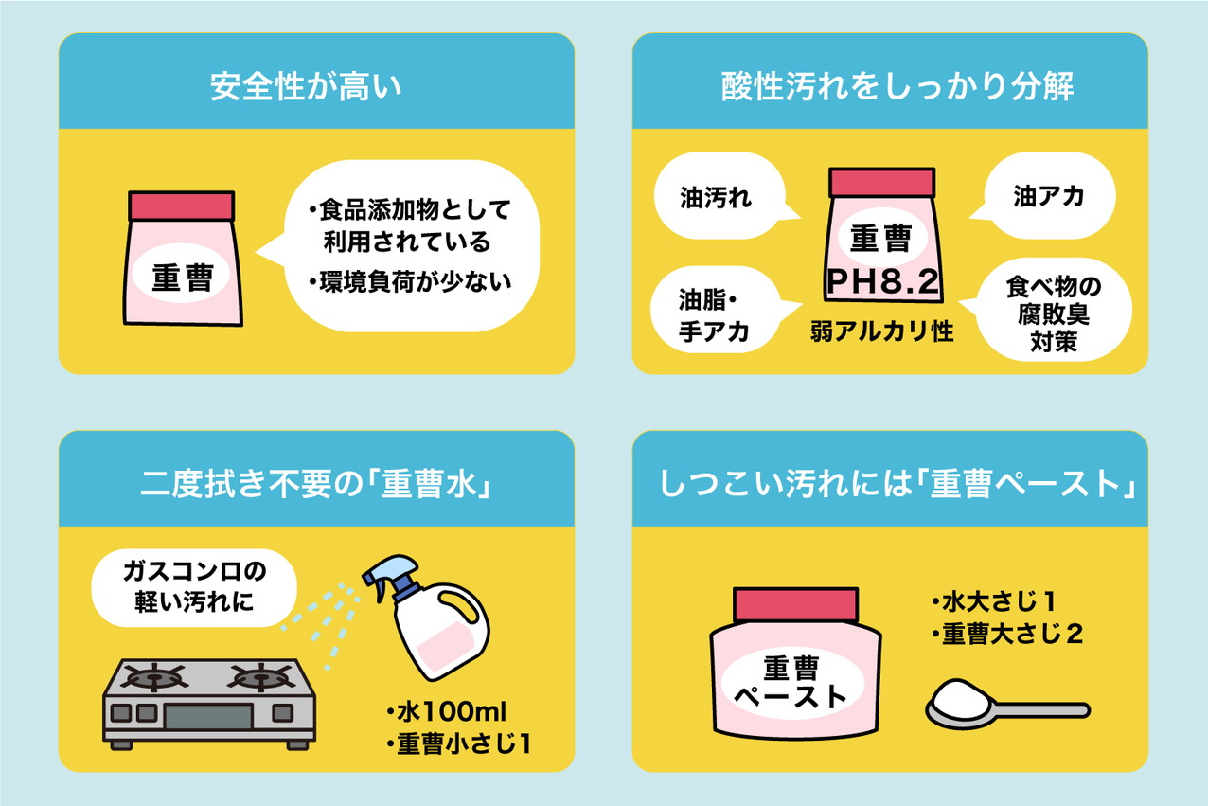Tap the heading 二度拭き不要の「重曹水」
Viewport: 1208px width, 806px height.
point(314,485)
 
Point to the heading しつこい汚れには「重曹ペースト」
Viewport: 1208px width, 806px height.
point(897,485)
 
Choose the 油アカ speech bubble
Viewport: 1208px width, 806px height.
point(1048,197)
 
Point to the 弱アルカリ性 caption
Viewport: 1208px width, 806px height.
point(881,332)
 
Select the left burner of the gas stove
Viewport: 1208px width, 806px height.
point(156,679)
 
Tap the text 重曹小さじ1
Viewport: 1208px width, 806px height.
point(458,743)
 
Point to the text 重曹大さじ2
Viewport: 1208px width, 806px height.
point(1006,634)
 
